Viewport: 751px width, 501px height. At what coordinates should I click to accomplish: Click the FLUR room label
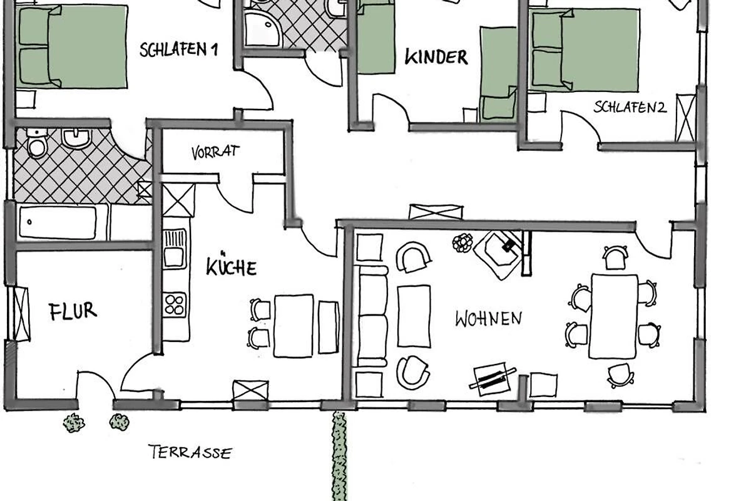click(73, 311)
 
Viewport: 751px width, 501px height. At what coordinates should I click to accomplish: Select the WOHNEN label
click(489, 319)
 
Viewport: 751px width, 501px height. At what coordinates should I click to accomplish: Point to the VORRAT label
click(215, 152)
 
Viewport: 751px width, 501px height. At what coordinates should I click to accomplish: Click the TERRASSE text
click(190, 452)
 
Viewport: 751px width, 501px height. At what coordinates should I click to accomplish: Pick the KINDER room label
click(436, 57)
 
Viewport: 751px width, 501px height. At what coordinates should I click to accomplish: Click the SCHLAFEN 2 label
click(630, 107)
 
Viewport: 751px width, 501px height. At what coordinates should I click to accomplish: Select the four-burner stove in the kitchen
click(175, 305)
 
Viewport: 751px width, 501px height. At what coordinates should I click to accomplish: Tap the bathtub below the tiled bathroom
click(58, 222)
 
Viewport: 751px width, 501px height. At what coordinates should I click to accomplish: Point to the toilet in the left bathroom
click(36, 143)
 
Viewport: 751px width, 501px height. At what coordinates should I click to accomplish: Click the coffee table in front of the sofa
click(414, 316)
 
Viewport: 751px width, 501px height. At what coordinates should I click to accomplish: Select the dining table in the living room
click(613, 316)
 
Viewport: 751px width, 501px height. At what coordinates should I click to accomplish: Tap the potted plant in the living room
click(462, 242)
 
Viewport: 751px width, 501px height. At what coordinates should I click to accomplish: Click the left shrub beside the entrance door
click(74, 423)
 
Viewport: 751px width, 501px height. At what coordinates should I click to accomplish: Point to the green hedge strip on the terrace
click(339, 457)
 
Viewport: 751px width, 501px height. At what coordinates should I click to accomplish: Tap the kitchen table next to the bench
click(294, 326)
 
